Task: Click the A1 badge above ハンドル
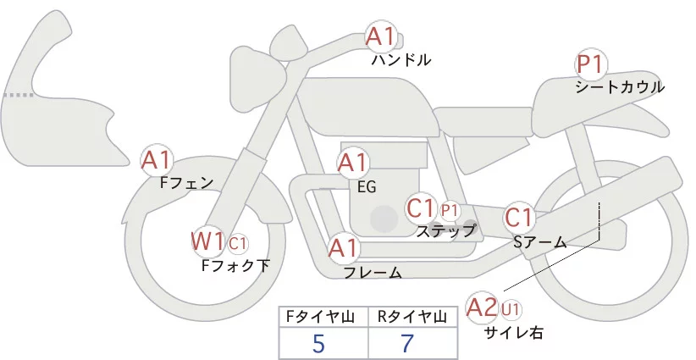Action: point(381,36)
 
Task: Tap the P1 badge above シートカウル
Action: point(590,64)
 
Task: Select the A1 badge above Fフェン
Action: point(156,158)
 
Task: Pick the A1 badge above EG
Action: point(353,163)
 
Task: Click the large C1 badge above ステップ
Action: point(421,208)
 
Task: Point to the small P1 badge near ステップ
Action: point(449,209)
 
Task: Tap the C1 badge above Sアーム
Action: point(518,217)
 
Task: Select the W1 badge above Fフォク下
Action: point(207,241)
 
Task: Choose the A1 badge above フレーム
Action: point(344,248)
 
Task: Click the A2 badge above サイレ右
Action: point(483,307)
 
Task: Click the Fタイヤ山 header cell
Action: point(324,317)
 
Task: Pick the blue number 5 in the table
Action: point(318,343)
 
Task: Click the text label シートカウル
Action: point(620,86)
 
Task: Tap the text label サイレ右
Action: point(512,333)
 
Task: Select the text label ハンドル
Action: point(401,60)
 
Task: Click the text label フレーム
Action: point(373,272)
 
